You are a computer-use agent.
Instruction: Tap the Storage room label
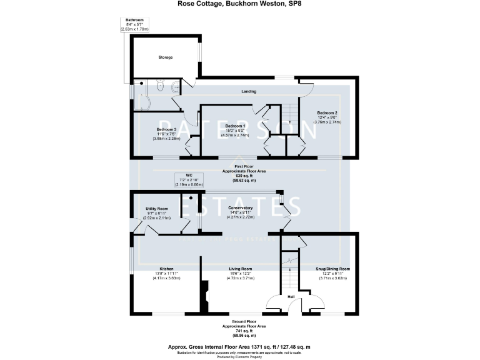(x=165, y=57)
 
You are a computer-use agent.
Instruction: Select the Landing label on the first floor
(x=248, y=92)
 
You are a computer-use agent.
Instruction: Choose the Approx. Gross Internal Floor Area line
(x=239, y=346)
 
